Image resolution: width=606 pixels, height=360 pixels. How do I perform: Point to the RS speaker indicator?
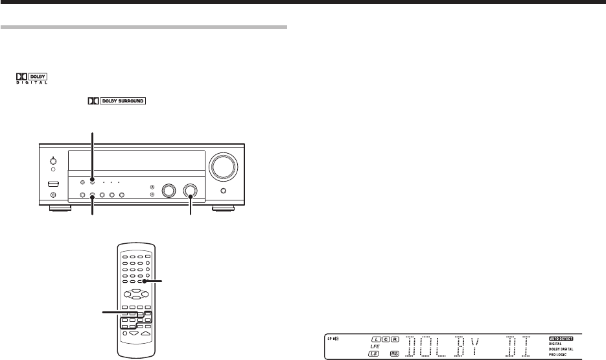395,354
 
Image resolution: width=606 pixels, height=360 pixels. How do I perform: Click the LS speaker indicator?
374,354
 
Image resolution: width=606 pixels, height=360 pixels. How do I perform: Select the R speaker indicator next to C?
393,339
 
